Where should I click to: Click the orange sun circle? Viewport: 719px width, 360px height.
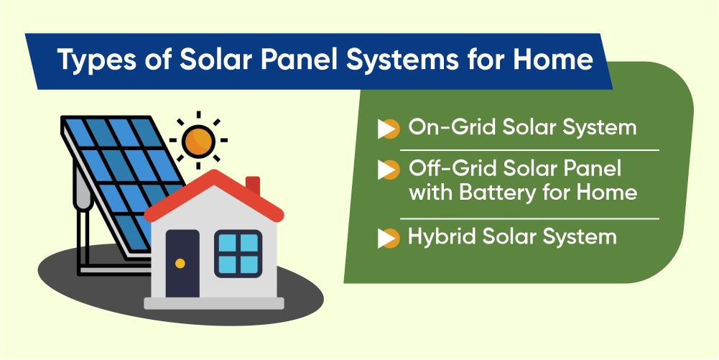[198, 141]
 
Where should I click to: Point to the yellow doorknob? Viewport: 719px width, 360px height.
[180, 263]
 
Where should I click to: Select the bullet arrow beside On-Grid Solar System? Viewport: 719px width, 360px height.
[388, 129]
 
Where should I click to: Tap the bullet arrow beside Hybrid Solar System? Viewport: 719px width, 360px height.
[388, 238]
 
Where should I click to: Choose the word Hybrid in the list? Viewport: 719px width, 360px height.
[440, 237]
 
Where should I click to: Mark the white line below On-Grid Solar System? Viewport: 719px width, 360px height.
[529, 149]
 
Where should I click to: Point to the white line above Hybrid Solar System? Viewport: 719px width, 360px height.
[529, 218]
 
